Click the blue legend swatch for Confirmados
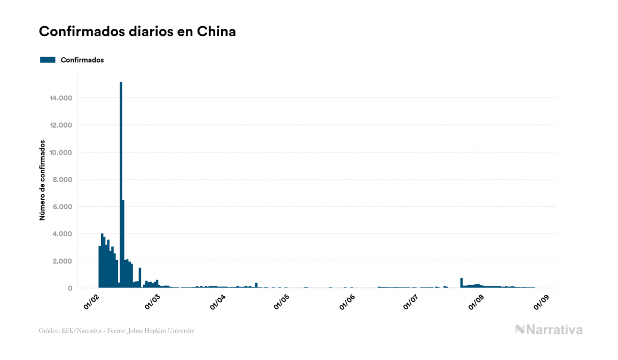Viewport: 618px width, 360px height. coord(48,60)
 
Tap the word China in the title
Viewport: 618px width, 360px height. coord(216,32)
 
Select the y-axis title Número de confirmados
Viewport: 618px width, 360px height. coord(42,181)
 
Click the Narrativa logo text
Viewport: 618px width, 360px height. coord(554,330)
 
